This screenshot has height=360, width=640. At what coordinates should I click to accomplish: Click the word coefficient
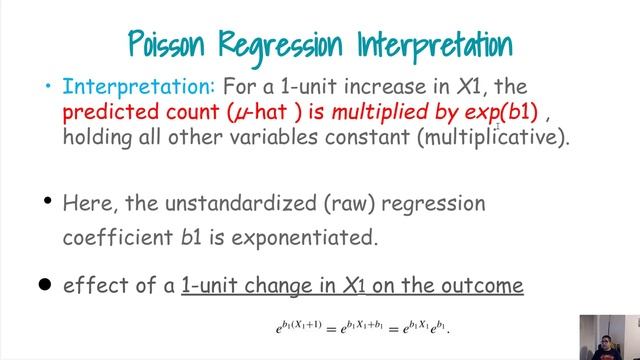(x=117, y=238)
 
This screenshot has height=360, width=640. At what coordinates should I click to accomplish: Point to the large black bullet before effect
(x=43, y=284)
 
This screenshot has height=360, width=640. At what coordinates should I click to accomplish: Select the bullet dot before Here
(x=46, y=201)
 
